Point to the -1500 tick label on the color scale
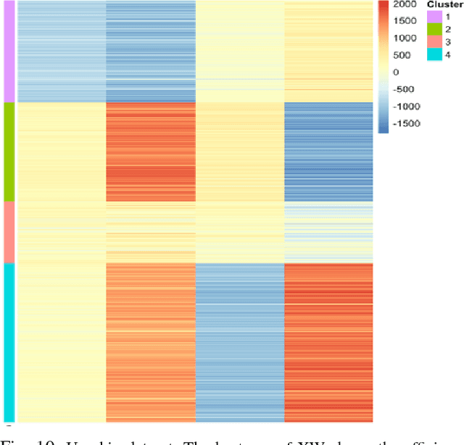click(407, 123)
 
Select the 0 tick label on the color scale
click(396, 72)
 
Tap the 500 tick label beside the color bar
click(401, 56)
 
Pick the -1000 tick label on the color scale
click(407, 107)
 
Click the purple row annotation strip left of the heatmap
click(9, 51)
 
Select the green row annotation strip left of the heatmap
click(9, 151)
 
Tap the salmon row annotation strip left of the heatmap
click(9, 232)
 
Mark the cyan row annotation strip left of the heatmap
click(9, 341)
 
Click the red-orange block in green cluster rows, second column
click(150, 151)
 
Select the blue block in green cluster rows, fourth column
click(328, 151)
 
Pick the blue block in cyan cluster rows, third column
click(239, 341)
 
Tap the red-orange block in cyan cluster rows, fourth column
click(328, 341)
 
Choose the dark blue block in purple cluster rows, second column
click(150, 51)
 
